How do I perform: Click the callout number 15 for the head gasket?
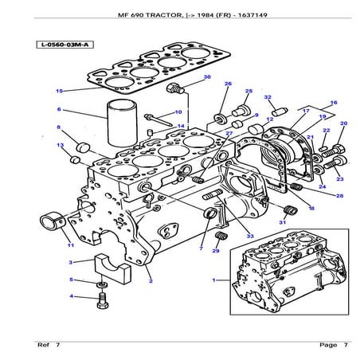pyautogui.click(x=58, y=91)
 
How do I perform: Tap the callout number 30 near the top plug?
pyautogui.click(x=185, y=77)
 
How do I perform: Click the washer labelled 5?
pyautogui.click(x=102, y=284)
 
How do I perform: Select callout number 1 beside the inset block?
pyautogui.click(x=213, y=280)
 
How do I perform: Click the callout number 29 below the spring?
pyautogui.click(x=215, y=251)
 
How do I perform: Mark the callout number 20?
pyautogui.click(x=343, y=123)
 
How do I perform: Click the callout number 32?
pyautogui.click(x=268, y=97)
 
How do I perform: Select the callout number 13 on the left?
pyautogui.click(x=60, y=146)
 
